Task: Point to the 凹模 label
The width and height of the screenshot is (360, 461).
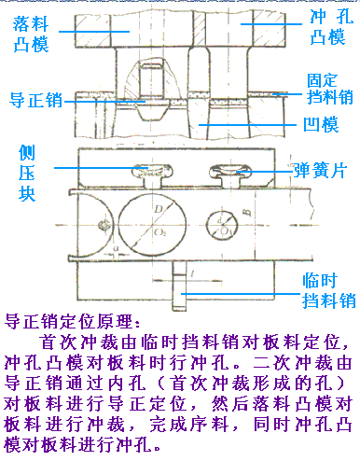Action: point(322,124)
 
